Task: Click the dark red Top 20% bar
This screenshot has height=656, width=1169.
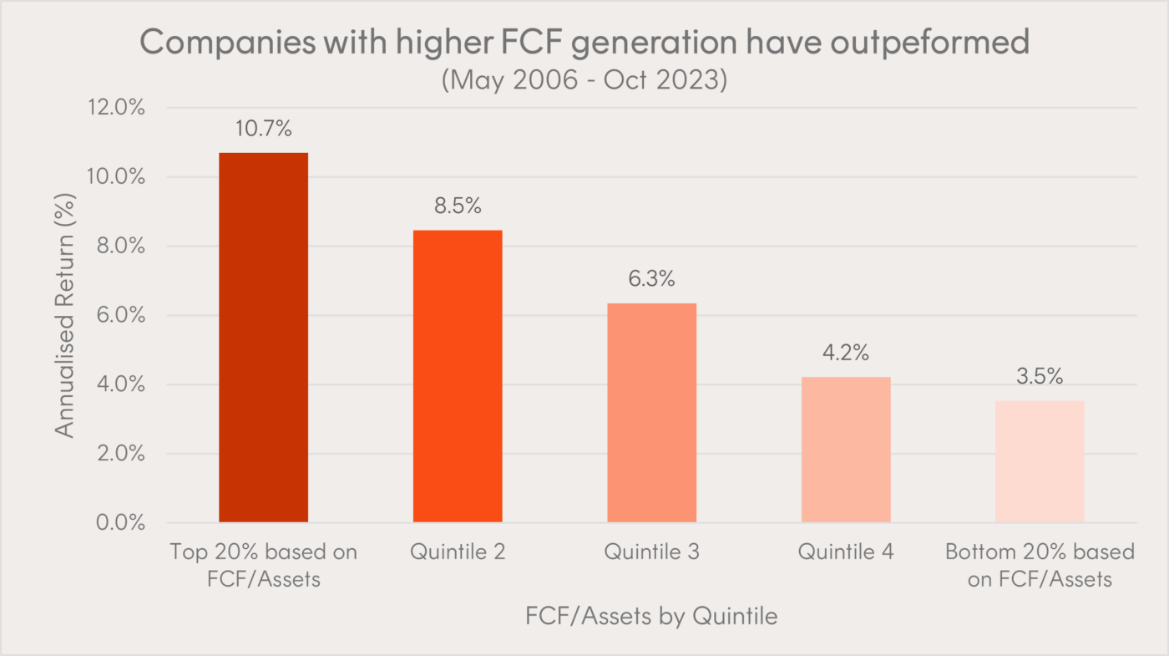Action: click(x=263, y=338)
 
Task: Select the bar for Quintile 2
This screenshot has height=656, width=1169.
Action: click(x=458, y=376)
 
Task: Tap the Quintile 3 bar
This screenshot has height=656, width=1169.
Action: click(x=651, y=413)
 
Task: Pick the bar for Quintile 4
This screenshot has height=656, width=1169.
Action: click(x=846, y=450)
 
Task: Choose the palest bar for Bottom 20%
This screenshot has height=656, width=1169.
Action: click(x=1040, y=461)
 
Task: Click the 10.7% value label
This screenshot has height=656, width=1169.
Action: click(x=263, y=130)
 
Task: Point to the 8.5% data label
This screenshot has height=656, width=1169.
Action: click(x=458, y=206)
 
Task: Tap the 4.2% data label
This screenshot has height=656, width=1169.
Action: click(x=846, y=353)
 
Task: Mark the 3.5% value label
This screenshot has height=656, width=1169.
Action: click(x=1040, y=377)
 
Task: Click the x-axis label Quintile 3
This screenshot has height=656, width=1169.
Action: click(x=651, y=552)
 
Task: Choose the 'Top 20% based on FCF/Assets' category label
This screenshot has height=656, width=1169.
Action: click(x=263, y=565)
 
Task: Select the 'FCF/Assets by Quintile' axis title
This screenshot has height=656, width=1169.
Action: click(x=651, y=617)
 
